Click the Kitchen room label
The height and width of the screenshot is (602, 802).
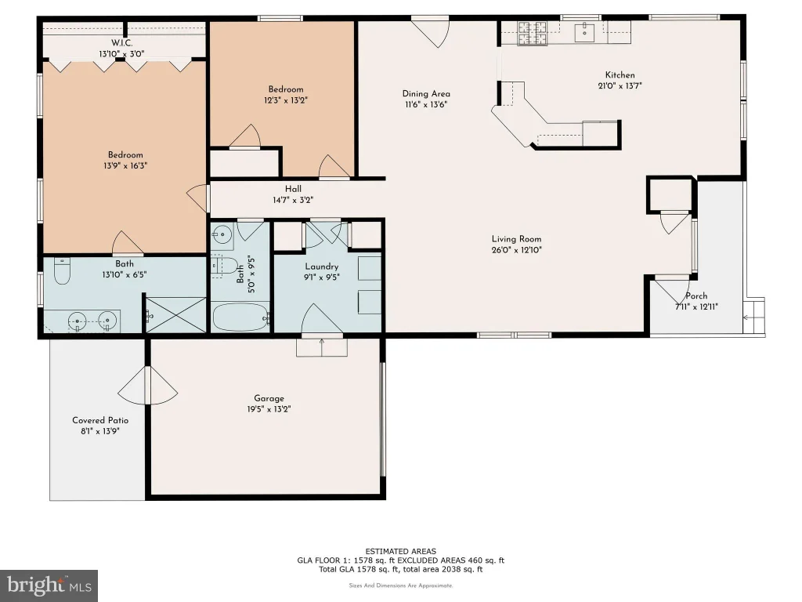coord(620,74)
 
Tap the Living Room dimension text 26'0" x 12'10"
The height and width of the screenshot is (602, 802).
coord(517,250)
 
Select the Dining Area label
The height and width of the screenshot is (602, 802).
coord(426,94)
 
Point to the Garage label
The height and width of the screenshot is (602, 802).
coord(269,398)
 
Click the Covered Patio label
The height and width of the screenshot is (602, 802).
coord(100,420)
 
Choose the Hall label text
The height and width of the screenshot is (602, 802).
coord(293,189)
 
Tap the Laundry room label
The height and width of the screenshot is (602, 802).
coord(322,267)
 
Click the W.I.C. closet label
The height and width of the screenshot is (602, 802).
coord(121,43)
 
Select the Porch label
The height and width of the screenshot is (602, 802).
coord(696,296)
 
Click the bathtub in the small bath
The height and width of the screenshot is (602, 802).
coord(240,317)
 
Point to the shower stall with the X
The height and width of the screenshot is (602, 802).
coord(176,315)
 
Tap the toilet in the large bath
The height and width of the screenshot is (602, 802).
coord(62,271)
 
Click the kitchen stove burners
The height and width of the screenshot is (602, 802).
coord(532,32)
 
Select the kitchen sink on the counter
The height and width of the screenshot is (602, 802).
coord(584,31)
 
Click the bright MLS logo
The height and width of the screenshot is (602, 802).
coord(49,586)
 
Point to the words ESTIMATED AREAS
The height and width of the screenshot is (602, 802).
coord(401,551)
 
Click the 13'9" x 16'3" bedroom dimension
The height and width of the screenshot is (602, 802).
coord(125,166)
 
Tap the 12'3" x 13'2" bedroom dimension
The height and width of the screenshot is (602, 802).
coord(286,100)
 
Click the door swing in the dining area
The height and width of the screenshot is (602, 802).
coord(431,31)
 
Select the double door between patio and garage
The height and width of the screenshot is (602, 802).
coord(148,386)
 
